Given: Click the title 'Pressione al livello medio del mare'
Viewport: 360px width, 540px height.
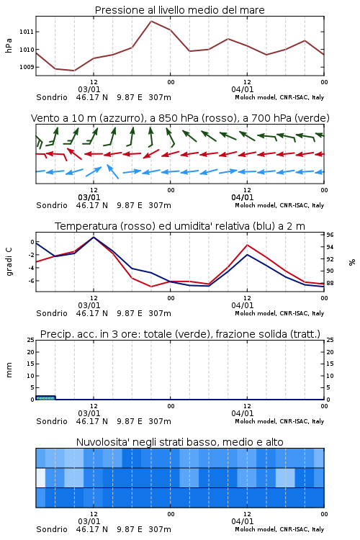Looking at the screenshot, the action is [179, 10].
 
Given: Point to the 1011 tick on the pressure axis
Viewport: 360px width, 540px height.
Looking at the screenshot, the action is [27, 32].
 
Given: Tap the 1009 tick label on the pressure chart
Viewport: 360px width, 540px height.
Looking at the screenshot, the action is [27, 67].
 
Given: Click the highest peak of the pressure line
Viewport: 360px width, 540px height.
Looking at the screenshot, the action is [151, 21].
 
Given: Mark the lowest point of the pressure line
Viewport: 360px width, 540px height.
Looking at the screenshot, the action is [74, 71].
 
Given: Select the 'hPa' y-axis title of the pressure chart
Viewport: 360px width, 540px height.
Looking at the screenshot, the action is [9, 45].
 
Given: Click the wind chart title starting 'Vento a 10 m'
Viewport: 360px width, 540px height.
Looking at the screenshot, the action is [180, 118].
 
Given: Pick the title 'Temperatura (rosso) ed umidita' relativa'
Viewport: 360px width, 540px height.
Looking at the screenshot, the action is [180, 226].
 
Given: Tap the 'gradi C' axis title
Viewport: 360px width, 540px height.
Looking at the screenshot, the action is [9, 262].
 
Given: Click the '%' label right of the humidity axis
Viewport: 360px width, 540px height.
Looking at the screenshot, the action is [352, 262].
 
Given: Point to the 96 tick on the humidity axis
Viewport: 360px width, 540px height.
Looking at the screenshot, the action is [330, 235].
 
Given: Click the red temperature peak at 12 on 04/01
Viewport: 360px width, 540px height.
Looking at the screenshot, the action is [247, 245].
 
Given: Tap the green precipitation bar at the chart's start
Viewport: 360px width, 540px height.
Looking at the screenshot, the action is [45, 397].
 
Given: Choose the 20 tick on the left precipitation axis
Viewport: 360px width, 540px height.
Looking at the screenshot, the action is [31, 352].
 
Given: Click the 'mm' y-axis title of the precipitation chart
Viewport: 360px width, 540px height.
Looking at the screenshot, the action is [9, 370].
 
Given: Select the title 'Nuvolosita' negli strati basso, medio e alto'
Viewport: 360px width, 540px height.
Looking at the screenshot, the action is [180, 442].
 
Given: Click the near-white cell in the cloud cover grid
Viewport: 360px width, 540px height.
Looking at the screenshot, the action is [40, 477].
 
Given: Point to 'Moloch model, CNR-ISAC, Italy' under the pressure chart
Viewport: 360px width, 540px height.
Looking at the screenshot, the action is [279, 97].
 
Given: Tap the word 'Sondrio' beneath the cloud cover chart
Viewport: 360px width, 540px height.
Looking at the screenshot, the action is [52, 529].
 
